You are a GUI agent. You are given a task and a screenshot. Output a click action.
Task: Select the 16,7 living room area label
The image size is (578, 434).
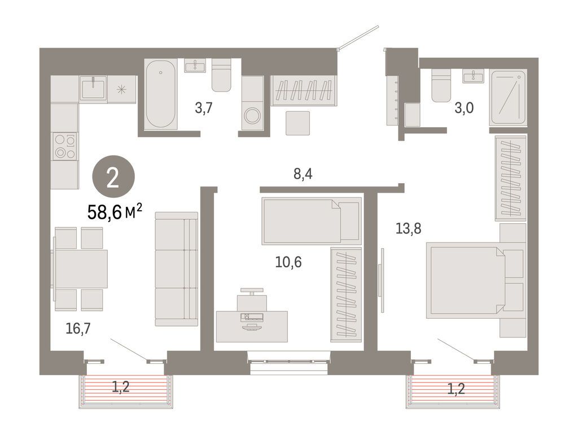pyautogui.click(x=77, y=328)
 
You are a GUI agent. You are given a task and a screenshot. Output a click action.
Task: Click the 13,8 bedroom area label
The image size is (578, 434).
pyautogui.click(x=409, y=228)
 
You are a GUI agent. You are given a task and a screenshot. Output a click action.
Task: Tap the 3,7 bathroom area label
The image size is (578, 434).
pyautogui.click(x=203, y=108)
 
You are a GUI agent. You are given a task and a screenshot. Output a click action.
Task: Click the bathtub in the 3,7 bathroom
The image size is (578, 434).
pyautogui.click(x=161, y=94)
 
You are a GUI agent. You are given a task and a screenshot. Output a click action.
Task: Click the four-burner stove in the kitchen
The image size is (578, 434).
pyautogui.click(x=64, y=146)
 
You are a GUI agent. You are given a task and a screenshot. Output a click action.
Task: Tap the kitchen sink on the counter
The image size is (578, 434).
pyautogui.click(x=93, y=89)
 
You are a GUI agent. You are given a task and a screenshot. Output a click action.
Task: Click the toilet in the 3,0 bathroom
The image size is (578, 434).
pyautogui.click(x=441, y=85)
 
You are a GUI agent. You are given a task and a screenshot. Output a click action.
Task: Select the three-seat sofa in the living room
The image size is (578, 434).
pyautogui.click(x=176, y=269)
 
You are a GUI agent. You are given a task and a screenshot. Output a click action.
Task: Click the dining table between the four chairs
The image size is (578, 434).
pyautogui.click(x=81, y=268)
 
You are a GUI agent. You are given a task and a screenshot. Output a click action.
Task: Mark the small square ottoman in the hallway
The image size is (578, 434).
pyautogui.click(x=298, y=123)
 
